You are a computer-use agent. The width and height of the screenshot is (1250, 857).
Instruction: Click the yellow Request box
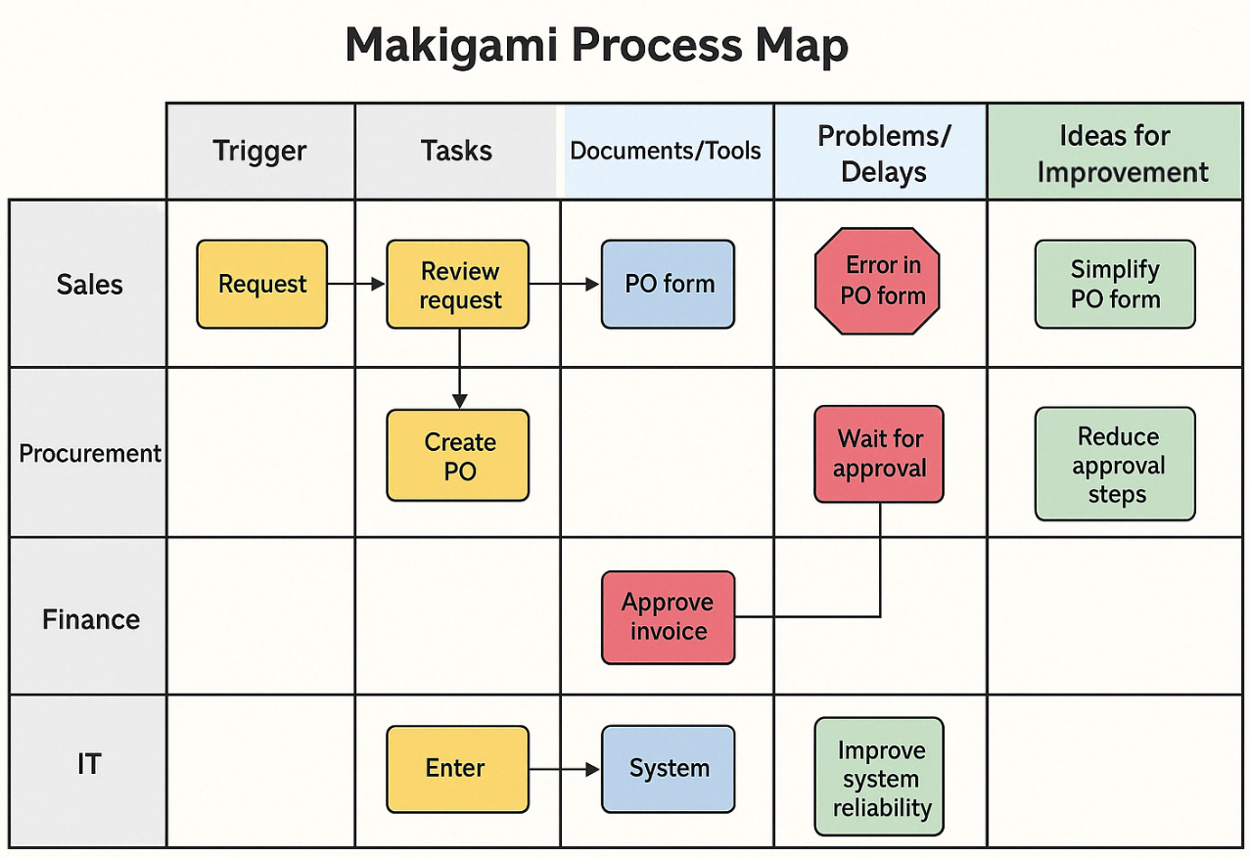pyautogui.click(x=261, y=284)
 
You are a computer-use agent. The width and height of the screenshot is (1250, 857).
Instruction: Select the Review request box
pyautogui.click(x=458, y=284)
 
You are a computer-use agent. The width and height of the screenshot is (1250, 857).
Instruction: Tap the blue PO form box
pyautogui.click(x=668, y=284)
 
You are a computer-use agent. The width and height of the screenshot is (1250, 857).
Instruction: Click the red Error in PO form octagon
pyautogui.click(x=877, y=281)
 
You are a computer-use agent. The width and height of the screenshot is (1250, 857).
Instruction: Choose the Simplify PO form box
pyautogui.click(x=1115, y=284)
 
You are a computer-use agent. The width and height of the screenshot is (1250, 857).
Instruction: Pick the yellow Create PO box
pyautogui.click(x=458, y=456)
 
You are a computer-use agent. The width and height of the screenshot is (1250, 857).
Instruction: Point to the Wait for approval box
pyautogui.click(x=879, y=454)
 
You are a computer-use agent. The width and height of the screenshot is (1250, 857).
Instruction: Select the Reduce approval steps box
pyautogui.click(x=1115, y=464)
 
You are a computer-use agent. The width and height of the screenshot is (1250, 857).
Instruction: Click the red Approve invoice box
pyautogui.click(x=668, y=617)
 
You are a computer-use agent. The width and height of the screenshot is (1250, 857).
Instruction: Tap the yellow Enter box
pyautogui.click(x=457, y=769)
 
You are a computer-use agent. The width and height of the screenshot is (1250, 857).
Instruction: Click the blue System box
pyautogui.click(x=668, y=769)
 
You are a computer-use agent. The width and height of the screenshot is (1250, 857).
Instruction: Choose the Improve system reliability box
pyautogui.click(x=879, y=778)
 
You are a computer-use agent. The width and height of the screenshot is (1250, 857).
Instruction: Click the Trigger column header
pyautogui.click(x=259, y=152)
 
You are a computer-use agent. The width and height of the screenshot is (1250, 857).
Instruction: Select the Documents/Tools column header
pyautogui.click(x=666, y=152)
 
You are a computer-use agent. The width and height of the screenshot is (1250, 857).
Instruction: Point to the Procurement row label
pyautogui.click(x=90, y=454)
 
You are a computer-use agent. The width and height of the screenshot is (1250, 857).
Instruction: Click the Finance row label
pyautogui.click(x=90, y=619)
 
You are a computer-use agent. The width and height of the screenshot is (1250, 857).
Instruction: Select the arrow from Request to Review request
pyautogui.click(x=356, y=284)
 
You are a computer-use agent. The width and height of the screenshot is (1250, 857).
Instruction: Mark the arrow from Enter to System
pyautogui.click(x=565, y=770)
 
